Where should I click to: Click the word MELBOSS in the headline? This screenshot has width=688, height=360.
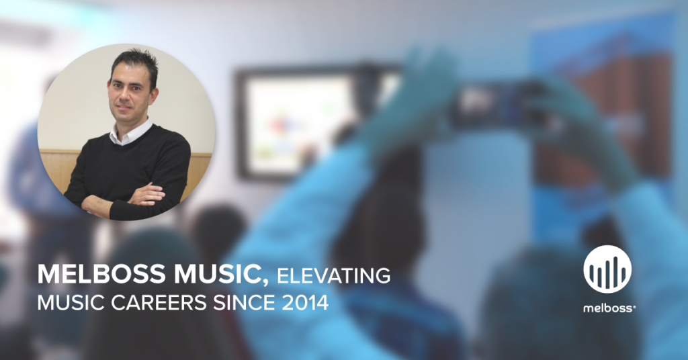(x=101, y=274)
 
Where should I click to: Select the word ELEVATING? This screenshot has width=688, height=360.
(x=333, y=276)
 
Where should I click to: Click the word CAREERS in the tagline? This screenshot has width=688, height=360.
(x=159, y=302)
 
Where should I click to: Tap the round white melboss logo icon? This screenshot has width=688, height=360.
(x=607, y=269)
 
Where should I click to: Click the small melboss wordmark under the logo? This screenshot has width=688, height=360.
(x=609, y=308)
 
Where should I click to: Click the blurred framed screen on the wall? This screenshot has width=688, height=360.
(x=307, y=122)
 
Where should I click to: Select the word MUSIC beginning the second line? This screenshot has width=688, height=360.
(x=71, y=302)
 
